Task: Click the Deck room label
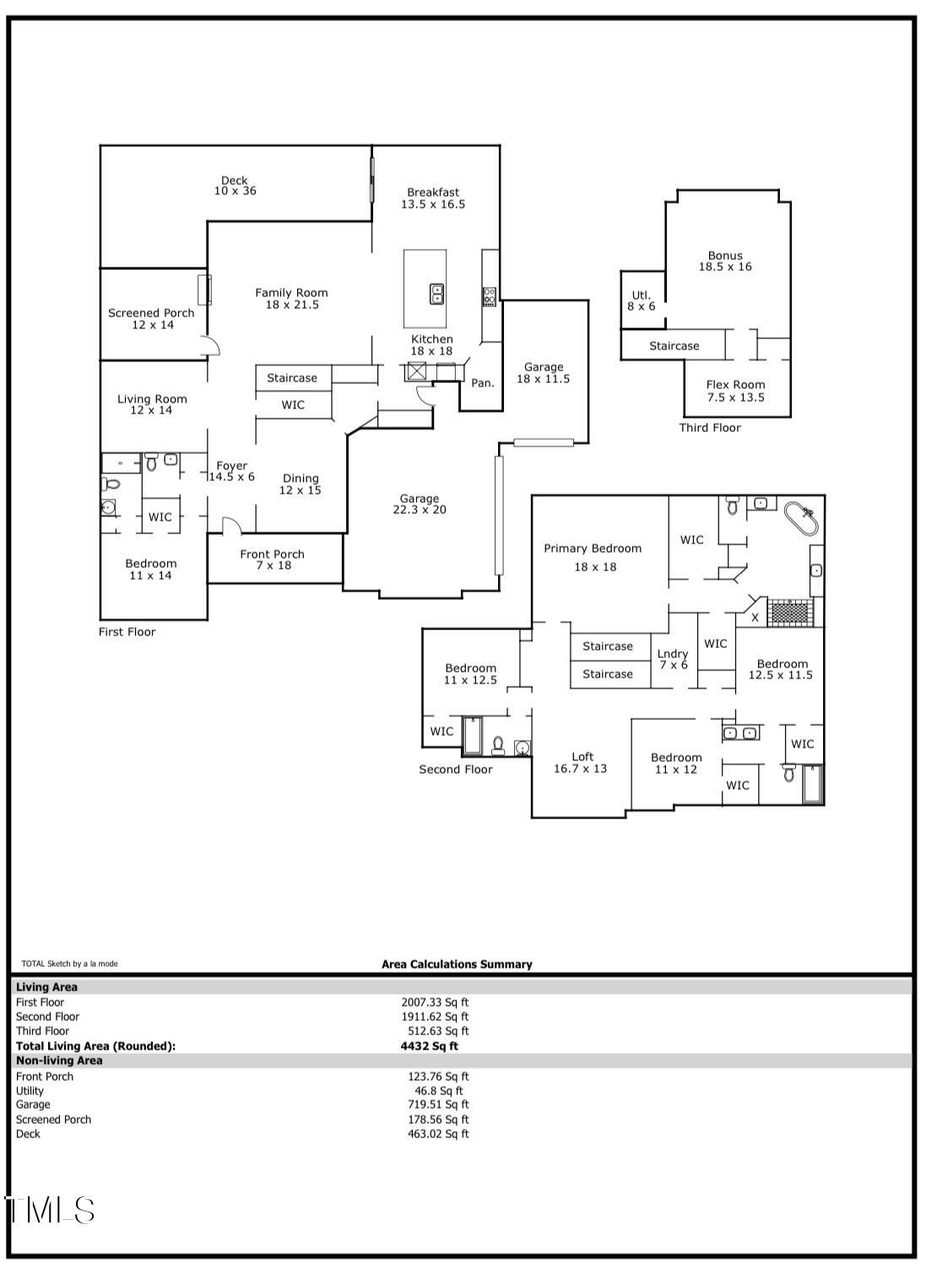pos(235,186)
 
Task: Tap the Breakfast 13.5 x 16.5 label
pos(433,198)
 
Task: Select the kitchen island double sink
pos(436,294)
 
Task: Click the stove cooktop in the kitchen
pos(490,296)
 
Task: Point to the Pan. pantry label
pos(483,383)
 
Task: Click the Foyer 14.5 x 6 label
pos(231,471)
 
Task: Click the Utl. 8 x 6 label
pos(642,300)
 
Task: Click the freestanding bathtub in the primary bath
pos(801,518)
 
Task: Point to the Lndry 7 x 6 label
pos(673,660)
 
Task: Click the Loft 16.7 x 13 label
pos(581,763)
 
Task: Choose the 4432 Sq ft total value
pos(430,1046)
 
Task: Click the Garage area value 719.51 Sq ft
pos(438,1104)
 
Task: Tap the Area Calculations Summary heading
pos(457,964)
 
